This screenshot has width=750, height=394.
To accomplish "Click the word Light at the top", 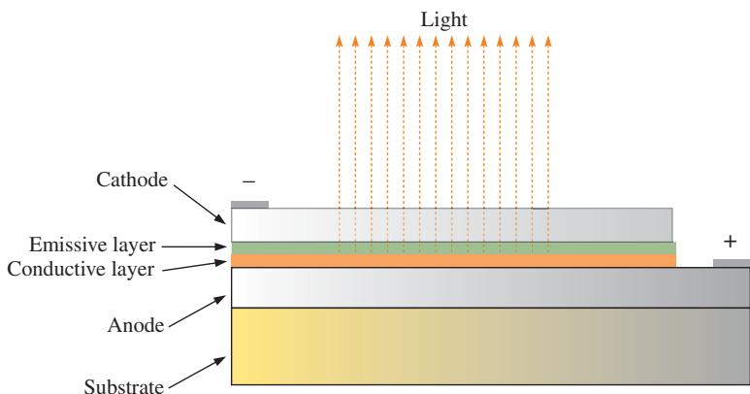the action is pos(443,20).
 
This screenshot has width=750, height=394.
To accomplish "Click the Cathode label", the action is pos(132,180).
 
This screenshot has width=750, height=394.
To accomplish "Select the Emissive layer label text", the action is pos(92,245).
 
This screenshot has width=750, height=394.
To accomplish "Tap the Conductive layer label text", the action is pos(81,269).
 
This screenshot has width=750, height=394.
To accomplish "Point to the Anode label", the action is pos(136,325).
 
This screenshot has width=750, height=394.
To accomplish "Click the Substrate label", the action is pos(124,386).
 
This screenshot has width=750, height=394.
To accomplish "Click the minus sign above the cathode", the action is pos(248,181).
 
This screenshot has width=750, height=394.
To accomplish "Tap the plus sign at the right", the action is pos(730,242).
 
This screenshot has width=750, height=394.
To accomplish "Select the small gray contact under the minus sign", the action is pos(249,205).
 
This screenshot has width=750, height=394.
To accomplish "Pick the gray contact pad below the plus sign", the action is pos(732,263).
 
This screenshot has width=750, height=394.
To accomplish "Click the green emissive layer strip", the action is pos(453,248).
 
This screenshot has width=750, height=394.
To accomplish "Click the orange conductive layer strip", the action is pos(453,261).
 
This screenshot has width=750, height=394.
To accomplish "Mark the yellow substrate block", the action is pos(491,346).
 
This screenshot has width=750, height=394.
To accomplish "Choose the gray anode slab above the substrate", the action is pos(491,287).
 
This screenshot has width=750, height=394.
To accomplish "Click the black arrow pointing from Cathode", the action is pos(200,205).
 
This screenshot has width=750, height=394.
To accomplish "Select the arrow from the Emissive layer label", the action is pos(194,246).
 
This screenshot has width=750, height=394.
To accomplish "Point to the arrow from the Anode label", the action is pos(198,312).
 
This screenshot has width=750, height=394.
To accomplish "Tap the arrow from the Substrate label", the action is pos(198,373).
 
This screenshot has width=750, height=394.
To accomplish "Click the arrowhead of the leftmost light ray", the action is pos(340,41).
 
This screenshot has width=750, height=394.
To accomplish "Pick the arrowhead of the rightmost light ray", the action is pos(548,41).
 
